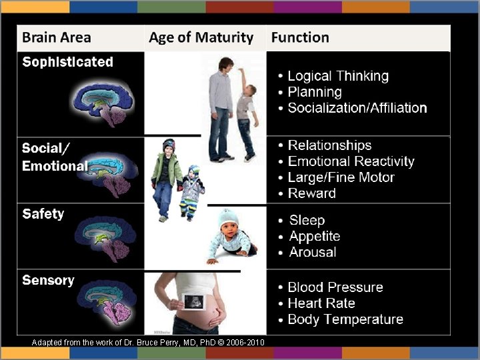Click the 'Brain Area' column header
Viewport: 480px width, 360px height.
click(57, 38)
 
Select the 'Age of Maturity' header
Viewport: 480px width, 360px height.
click(201, 38)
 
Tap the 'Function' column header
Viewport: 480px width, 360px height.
click(300, 38)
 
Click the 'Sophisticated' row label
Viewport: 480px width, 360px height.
click(67, 62)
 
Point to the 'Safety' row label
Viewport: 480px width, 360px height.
click(43, 214)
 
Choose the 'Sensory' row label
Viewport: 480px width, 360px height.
click(48, 280)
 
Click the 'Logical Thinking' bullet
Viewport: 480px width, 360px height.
click(337, 76)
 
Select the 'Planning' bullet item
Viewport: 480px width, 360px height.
click(314, 92)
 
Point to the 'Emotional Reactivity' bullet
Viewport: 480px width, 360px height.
click(351, 161)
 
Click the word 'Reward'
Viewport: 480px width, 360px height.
click(312, 193)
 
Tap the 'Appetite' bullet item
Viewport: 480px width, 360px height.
click(315, 236)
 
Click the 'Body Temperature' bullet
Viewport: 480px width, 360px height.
click(345, 319)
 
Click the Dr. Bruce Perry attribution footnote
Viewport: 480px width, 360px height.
click(147, 342)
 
